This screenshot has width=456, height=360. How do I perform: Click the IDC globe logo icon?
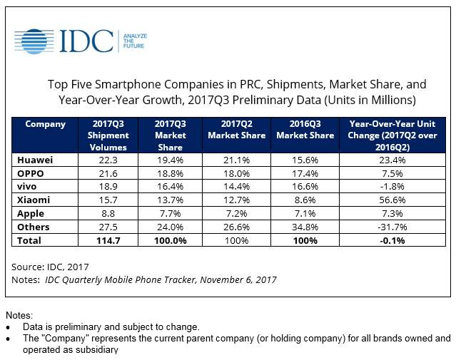point(34,42)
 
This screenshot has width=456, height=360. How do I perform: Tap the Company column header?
point(45,124)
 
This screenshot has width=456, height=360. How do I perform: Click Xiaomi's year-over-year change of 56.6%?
point(395,201)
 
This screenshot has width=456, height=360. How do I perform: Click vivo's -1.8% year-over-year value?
point(395,187)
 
